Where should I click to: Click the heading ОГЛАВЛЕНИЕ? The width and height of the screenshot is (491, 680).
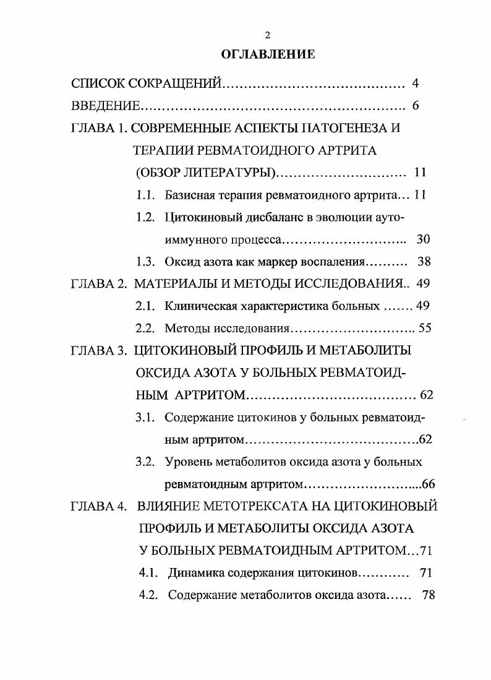(x=268, y=54)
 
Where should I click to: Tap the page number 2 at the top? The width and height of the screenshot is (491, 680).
(x=267, y=35)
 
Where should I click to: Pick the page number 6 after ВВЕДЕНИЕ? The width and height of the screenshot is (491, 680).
(x=416, y=106)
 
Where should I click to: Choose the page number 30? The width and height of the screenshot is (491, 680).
(x=424, y=239)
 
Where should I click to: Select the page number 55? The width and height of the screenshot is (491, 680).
(x=425, y=329)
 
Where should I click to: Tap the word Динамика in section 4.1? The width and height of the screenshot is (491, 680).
(x=195, y=574)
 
